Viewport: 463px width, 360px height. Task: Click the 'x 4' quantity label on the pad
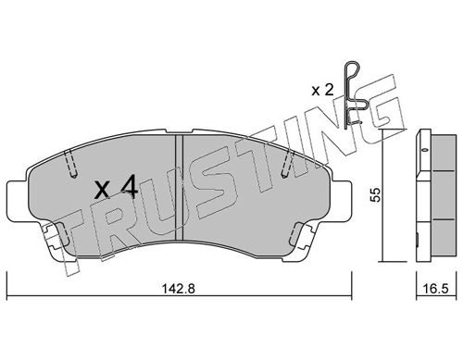point(116,188)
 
